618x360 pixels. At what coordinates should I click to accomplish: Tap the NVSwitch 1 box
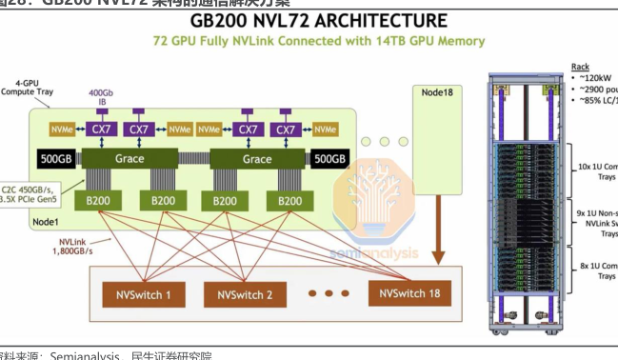coord(143,295)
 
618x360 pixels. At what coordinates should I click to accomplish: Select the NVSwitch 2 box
coord(245,295)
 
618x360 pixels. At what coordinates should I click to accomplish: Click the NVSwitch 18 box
coord(411,294)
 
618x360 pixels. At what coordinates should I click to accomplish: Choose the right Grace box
coord(257,159)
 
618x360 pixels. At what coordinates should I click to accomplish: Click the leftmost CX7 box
coord(100,129)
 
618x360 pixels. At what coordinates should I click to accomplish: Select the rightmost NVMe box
coord(325,129)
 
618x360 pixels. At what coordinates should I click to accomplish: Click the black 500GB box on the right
coord(330,159)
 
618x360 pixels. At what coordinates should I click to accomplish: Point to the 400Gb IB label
coord(101,95)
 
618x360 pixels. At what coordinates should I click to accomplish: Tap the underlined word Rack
coord(580,67)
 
